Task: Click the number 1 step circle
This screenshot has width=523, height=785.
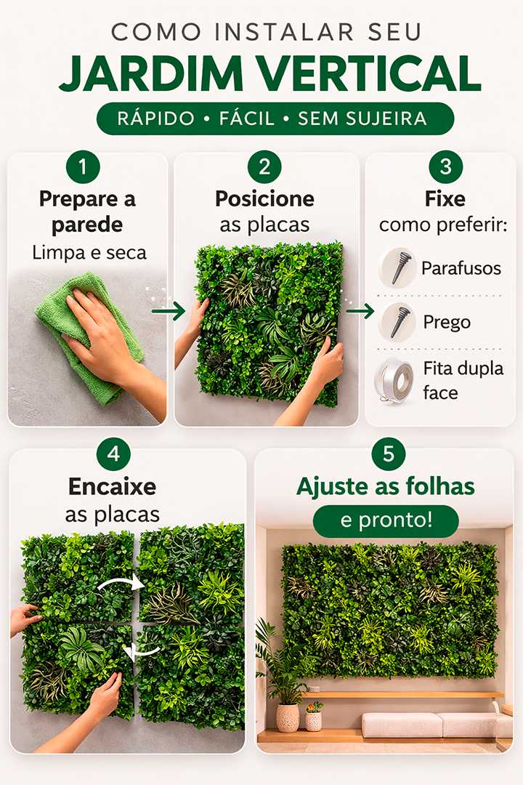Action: coord(83,166)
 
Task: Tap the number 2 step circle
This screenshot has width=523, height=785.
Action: coord(264,166)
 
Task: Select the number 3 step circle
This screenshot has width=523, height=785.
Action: coord(445,166)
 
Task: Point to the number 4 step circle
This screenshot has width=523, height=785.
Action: coord(113,454)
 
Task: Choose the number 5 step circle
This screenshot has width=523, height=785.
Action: coord(389,454)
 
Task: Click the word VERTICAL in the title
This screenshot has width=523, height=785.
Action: coord(370,73)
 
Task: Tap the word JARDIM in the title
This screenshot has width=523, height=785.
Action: coord(150,73)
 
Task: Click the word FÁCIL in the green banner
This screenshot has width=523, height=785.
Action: coord(247,118)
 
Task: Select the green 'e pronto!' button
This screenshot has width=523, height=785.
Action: coord(386,520)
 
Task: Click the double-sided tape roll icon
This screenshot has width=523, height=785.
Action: coord(395,380)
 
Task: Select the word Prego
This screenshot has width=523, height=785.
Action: coord(447,323)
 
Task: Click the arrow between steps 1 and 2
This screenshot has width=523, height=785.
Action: coord(169,311)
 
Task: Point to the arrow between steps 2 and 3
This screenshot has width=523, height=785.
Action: coord(360,311)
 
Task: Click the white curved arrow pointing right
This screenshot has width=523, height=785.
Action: coord(120,581)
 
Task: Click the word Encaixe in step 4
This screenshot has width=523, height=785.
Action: coord(112,486)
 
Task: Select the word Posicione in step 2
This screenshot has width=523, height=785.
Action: coord(264,199)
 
